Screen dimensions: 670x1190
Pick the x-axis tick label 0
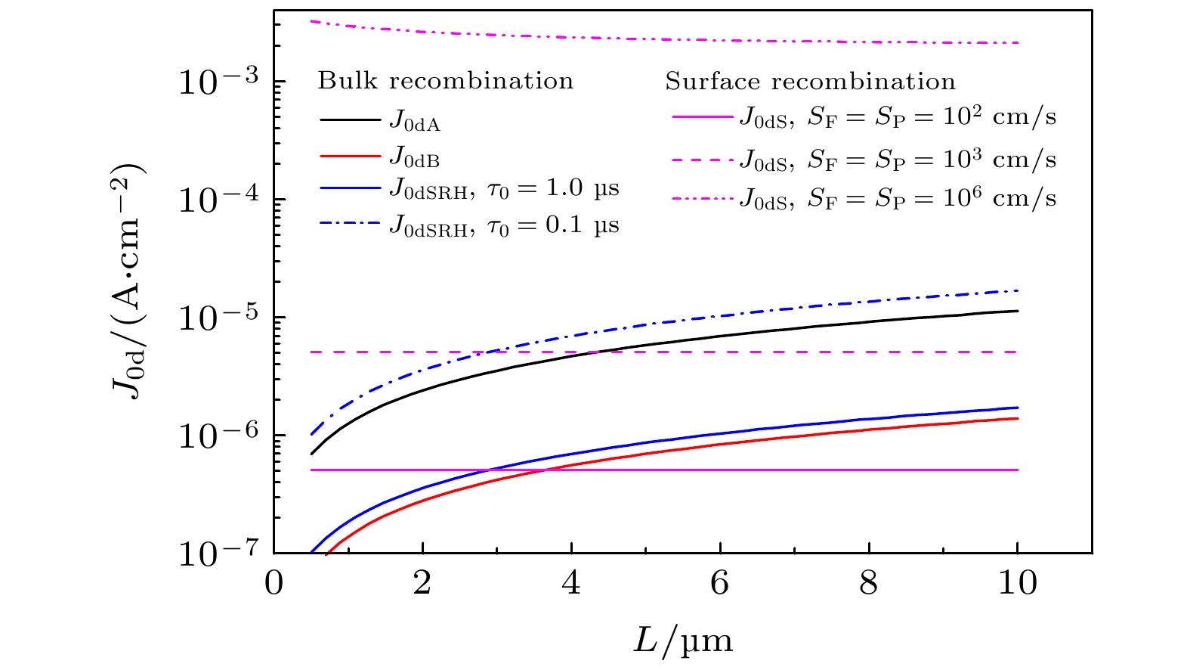(x=274, y=584)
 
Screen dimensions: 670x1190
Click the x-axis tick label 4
(x=571, y=584)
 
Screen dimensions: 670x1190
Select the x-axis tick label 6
(x=720, y=584)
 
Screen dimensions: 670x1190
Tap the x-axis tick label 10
(x=1017, y=584)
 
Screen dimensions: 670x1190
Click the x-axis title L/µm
(x=682, y=641)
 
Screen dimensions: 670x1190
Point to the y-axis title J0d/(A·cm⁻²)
(x=128, y=280)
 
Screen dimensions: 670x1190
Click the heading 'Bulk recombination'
(x=445, y=81)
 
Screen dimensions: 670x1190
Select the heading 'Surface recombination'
(x=810, y=81)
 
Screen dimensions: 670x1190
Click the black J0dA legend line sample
(x=350, y=119)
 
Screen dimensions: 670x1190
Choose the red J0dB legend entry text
(x=415, y=158)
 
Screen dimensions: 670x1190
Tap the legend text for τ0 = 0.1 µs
(x=504, y=225)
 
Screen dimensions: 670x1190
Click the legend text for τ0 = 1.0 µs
(x=504, y=188)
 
